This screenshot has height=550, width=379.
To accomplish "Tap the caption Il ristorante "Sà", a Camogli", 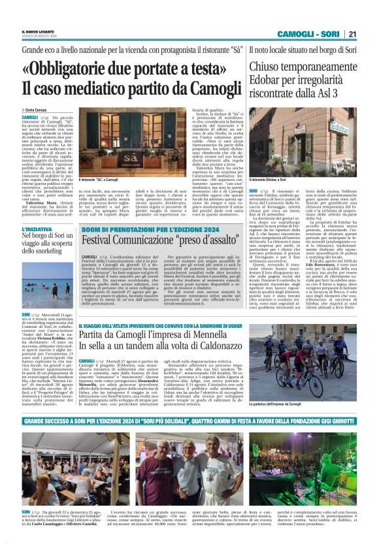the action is click(x=104, y=180).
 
